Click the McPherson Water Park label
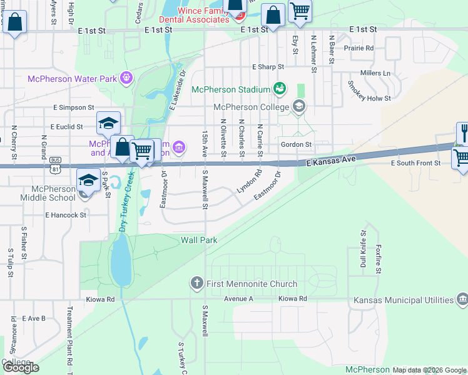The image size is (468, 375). (x=72, y=79)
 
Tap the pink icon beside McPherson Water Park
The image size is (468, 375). (x=126, y=78)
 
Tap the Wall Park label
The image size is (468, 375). (x=199, y=240)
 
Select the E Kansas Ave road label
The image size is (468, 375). (x=330, y=161)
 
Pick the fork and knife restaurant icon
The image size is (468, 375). (x=462, y=132)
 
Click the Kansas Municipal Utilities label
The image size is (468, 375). (x=402, y=300)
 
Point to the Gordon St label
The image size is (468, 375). (x=296, y=144)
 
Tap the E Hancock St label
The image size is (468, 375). (x=65, y=214)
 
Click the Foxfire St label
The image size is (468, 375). (x=379, y=257)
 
